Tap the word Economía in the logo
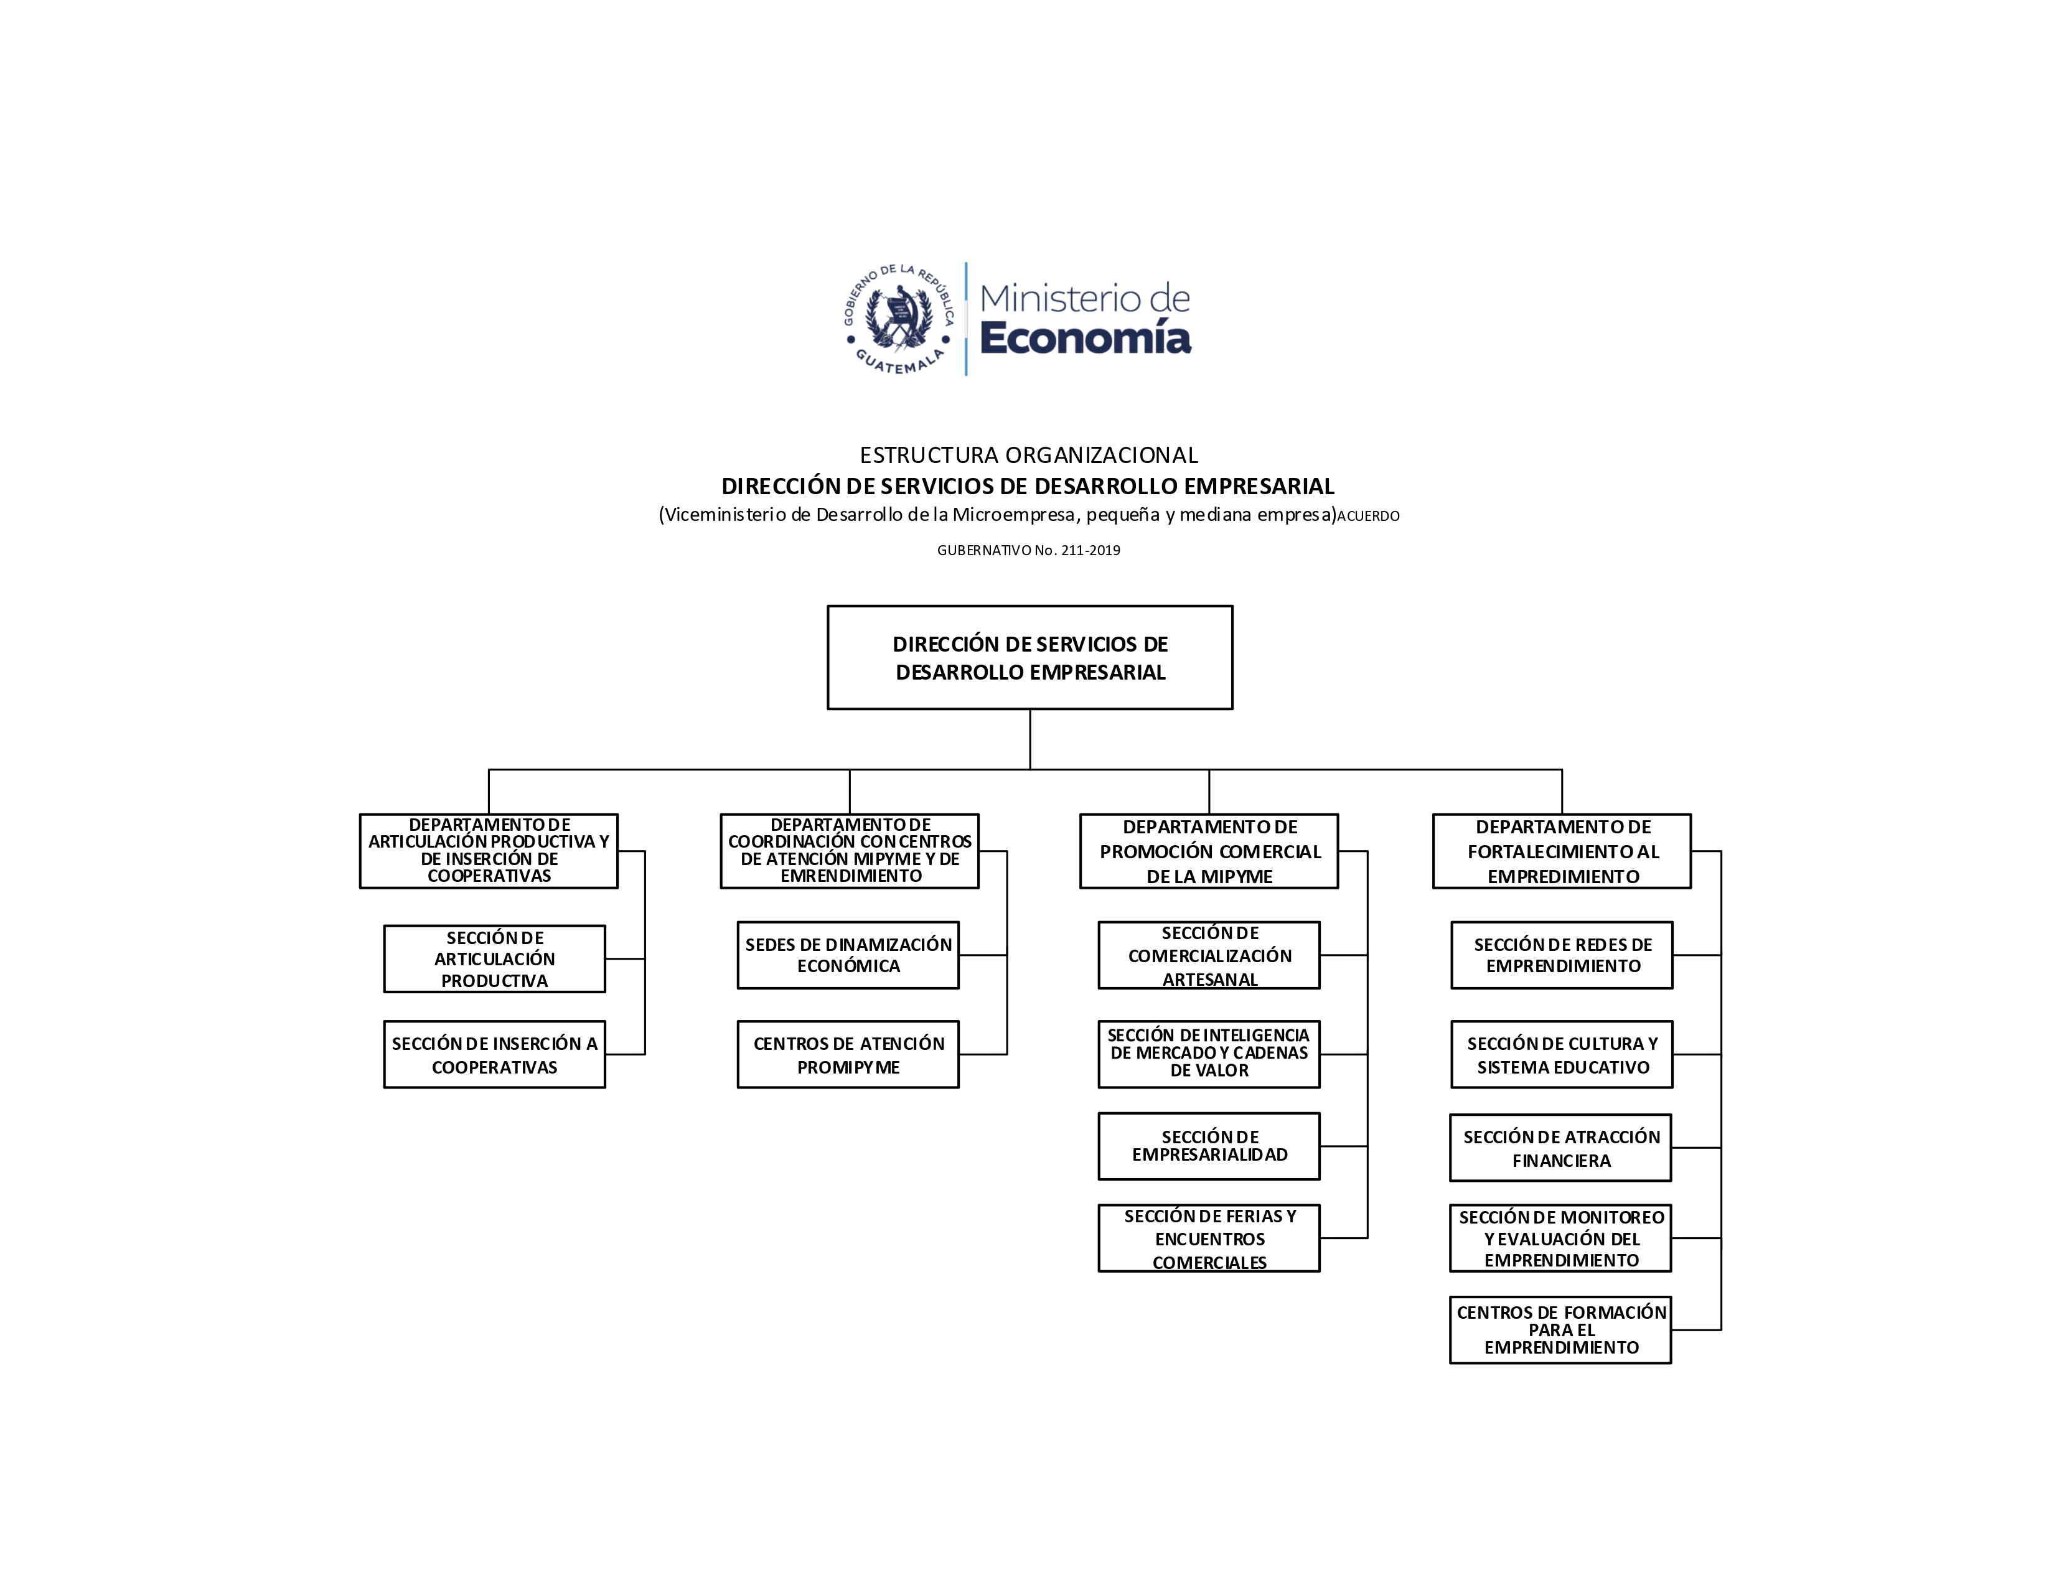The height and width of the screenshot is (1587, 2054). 1086,337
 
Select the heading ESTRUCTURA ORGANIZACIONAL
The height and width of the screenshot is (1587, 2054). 1029,455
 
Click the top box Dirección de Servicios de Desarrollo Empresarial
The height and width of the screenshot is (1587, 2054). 1030,657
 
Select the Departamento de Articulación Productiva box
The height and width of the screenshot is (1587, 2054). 489,851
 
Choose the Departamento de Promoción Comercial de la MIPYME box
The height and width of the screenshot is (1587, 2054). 1209,851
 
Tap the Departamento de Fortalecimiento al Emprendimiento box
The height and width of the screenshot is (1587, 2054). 1562,851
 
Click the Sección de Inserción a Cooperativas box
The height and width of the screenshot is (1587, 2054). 495,1055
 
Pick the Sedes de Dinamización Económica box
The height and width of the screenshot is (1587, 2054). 848,955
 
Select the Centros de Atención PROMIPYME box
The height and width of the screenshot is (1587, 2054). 848,1055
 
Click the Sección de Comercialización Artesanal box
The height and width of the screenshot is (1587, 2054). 1209,955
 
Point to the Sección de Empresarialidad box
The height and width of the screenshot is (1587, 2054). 1209,1146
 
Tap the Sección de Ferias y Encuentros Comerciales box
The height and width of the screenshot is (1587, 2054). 1209,1238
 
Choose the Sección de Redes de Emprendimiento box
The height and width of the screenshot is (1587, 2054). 1562,955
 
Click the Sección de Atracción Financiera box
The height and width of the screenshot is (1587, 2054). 1561,1148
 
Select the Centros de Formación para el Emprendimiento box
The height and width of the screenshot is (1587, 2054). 1561,1329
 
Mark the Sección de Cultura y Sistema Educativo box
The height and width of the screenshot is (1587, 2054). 1562,1055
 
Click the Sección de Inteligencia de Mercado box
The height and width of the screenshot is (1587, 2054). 1209,1055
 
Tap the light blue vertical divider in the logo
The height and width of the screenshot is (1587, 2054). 966,319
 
